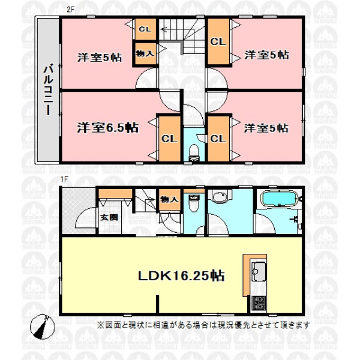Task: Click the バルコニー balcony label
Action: pos(49,89)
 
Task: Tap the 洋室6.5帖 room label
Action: pos(107,128)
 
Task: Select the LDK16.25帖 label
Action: pos(181,275)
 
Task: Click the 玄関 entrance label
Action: pos(109,217)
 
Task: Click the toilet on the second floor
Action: pos(194,152)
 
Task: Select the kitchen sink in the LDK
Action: pos(259,271)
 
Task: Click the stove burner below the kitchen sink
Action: pos(259,302)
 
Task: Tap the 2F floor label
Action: pos(70,10)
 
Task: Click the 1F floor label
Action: pos(65,179)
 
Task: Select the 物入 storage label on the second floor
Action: pos(145,53)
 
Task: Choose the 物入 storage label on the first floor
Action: pos(169,199)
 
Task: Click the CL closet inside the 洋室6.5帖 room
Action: pos(169,139)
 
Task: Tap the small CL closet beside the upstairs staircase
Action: pos(145,29)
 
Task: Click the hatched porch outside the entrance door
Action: pos(79,211)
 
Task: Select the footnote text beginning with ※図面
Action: pos(203,325)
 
